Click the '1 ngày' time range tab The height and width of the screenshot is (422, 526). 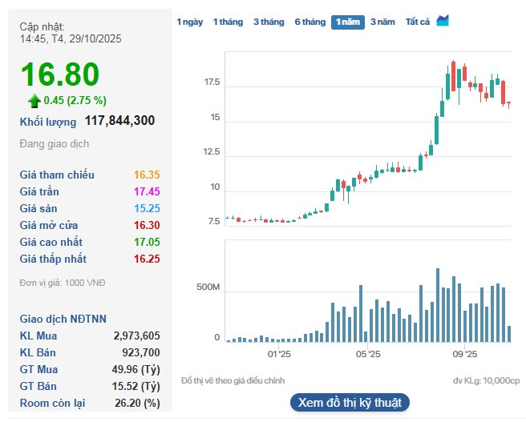pos(189,22)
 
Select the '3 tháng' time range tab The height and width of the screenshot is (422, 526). pos(269,22)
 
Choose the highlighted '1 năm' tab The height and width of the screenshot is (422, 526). pos(347,22)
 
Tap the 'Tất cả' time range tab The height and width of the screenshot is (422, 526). pos(417,22)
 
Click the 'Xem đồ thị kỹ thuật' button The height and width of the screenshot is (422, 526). pos(350,402)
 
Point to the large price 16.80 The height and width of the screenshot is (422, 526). pos(60,74)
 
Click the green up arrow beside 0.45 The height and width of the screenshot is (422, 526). pos(34,101)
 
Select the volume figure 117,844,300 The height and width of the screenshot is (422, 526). pos(119,121)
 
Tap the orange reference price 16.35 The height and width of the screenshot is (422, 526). pos(148,175)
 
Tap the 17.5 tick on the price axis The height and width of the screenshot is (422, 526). pos(212,83)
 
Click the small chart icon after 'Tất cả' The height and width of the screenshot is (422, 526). pos(443,21)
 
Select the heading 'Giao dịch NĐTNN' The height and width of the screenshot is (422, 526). pos(63,318)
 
